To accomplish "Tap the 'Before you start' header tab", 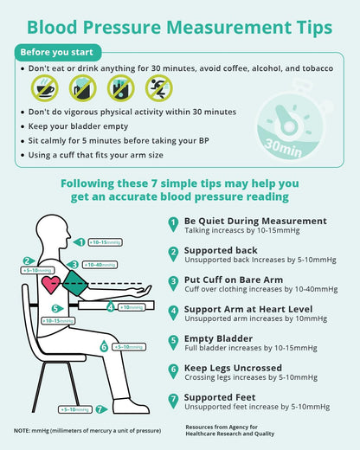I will click(59, 52).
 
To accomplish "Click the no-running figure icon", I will click(157, 87).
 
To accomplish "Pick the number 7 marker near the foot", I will click(101, 409).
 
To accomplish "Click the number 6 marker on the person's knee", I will click(104, 347).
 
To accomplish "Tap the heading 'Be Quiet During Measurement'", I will click(243, 221).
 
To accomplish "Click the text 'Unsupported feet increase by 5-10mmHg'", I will click(256, 407).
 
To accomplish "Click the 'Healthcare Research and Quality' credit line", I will click(230, 435).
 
